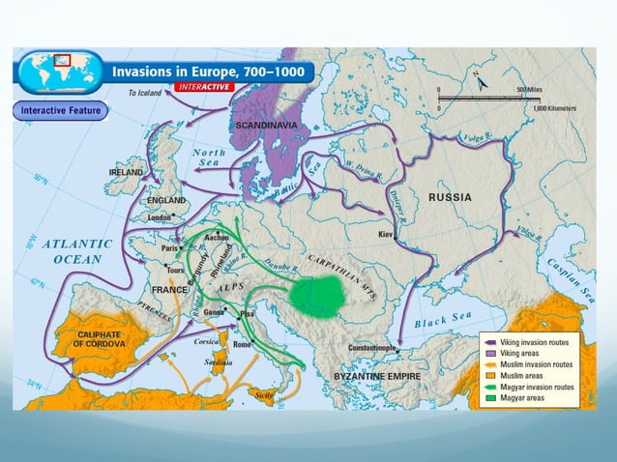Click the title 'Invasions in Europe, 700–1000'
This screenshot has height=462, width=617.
click(x=209, y=72)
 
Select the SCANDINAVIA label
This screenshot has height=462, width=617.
click(x=267, y=126)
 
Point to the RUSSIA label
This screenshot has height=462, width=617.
click(x=450, y=197)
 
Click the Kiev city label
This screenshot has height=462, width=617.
click(x=385, y=235)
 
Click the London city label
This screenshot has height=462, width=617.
click(x=159, y=218)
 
